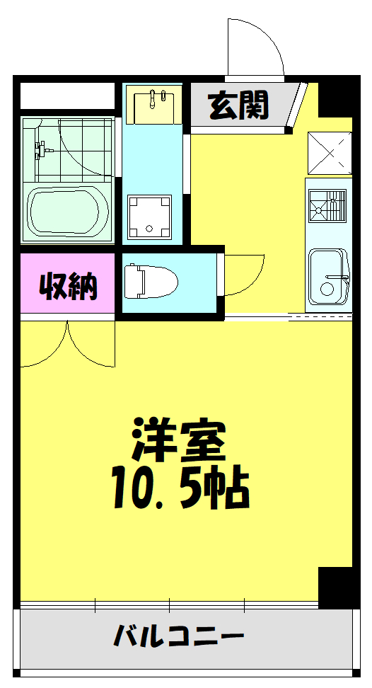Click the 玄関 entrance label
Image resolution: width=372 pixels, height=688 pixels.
(238, 106)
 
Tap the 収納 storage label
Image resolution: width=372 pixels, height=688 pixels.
(68, 286)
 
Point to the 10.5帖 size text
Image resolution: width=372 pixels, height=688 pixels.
(180, 489)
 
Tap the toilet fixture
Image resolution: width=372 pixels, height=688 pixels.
(149, 281)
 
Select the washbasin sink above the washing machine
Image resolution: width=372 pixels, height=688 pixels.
(153, 105)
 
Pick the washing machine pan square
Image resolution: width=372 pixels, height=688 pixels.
(149, 217)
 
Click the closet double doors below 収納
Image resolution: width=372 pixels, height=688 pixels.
(67, 345)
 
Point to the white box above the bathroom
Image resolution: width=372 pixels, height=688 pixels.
(67, 95)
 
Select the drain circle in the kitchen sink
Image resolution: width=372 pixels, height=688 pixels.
(326, 289)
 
